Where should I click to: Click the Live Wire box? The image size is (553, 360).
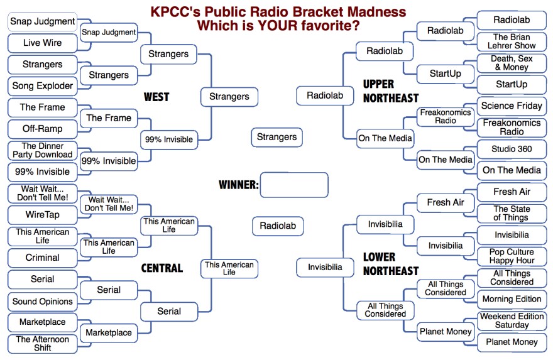pyautogui.click(x=42, y=43)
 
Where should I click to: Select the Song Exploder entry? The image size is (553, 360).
pyautogui.click(x=42, y=85)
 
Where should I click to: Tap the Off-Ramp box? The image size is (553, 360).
pyautogui.click(x=42, y=129)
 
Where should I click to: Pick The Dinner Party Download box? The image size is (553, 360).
pyautogui.click(x=42, y=150)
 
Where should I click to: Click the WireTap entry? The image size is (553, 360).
pyautogui.click(x=42, y=215)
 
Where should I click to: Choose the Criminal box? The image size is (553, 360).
pyautogui.click(x=42, y=258)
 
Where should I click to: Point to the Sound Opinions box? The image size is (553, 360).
pyautogui.click(x=42, y=302)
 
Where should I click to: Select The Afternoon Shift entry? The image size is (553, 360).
pyautogui.click(x=42, y=344)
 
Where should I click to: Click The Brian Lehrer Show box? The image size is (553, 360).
pyautogui.click(x=512, y=41)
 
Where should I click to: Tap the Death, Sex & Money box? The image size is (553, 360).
pyautogui.click(x=512, y=63)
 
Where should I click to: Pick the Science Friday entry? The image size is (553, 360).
pyautogui.click(x=512, y=106)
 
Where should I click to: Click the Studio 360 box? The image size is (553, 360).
pyautogui.click(x=512, y=149)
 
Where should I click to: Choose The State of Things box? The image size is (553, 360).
pyautogui.click(x=512, y=214)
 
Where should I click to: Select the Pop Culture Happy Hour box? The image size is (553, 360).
pyautogui.click(x=512, y=256)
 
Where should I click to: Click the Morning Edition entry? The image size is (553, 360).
pyautogui.click(x=512, y=299)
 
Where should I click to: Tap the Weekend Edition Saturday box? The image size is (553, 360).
pyautogui.click(x=512, y=321)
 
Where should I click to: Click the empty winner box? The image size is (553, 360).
pyautogui.click(x=294, y=185)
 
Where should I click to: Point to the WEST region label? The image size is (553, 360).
pyautogui.click(x=156, y=97)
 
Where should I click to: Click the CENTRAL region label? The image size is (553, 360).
pyautogui.click(x=162, y=268)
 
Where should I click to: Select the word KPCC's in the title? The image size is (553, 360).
pyautogui.click(x=175, y=12)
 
